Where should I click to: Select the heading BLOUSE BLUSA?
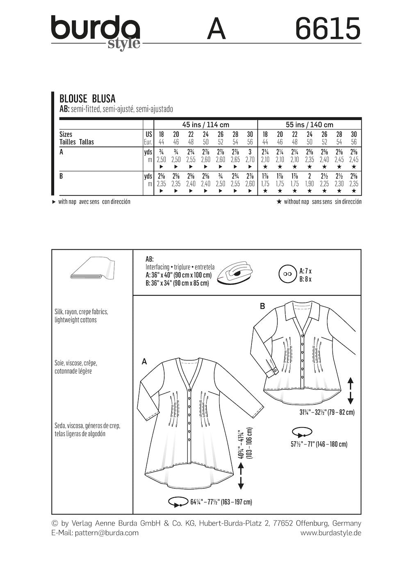click(x=87, y=99)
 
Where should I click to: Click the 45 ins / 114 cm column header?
click(x=205, y=125)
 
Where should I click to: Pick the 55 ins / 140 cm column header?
click(x=309, y=125)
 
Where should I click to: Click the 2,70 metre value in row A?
click(x=250, y=160)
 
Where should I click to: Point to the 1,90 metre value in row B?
click(x=309, y=184)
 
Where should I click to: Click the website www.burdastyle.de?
click(x=330, y=533)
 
